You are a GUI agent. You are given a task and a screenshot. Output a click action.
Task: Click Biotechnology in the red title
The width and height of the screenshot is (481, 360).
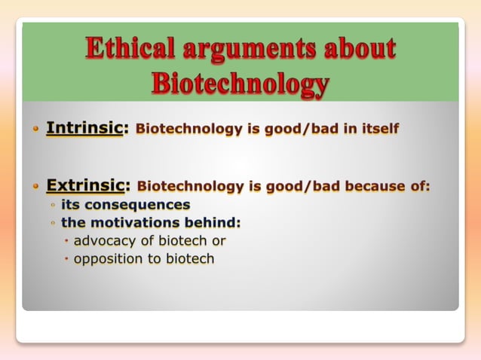pos(240,84)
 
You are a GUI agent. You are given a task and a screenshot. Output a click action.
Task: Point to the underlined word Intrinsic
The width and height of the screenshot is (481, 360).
pos(84,128)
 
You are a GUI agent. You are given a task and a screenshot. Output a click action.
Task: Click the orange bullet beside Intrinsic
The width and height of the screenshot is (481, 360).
pos(35,129)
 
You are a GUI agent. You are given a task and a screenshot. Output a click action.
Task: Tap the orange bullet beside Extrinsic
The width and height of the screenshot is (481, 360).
pos(35,185)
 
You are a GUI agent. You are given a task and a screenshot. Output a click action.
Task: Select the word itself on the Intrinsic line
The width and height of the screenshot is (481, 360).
pos(375,129)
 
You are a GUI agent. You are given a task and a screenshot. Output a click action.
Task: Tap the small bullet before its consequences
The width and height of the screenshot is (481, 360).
pos(53,205)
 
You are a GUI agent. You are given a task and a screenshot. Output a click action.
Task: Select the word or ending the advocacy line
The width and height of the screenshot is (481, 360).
pos(218,241)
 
